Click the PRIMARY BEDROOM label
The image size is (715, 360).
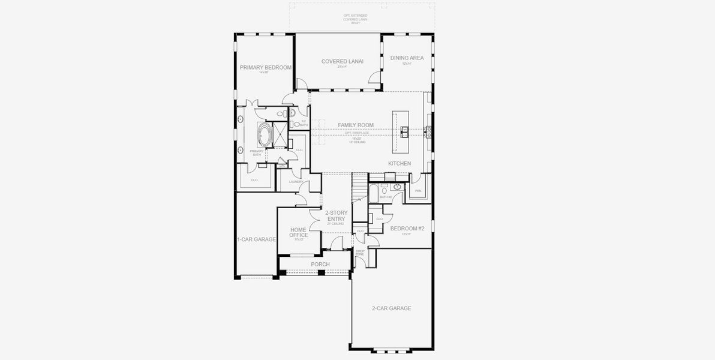pos(265,68)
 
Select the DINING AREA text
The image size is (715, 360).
pos(407,58)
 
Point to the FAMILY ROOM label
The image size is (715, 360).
pos(355,125)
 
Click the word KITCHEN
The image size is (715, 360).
pos(399,163)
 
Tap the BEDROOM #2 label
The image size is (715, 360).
pos(407,229)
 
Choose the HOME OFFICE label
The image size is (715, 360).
pos(299,232)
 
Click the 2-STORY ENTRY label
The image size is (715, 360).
pos(336,216)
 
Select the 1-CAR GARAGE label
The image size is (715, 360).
pos(256,239)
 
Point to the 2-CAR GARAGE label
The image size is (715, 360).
pos(391,308)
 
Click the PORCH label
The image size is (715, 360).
pos(320,264)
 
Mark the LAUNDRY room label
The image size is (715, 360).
pos(296,182)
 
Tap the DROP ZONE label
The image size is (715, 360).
pos(360,254)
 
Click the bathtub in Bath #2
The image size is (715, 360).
pos(372,193)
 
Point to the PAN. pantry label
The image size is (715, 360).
pos(418,191)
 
